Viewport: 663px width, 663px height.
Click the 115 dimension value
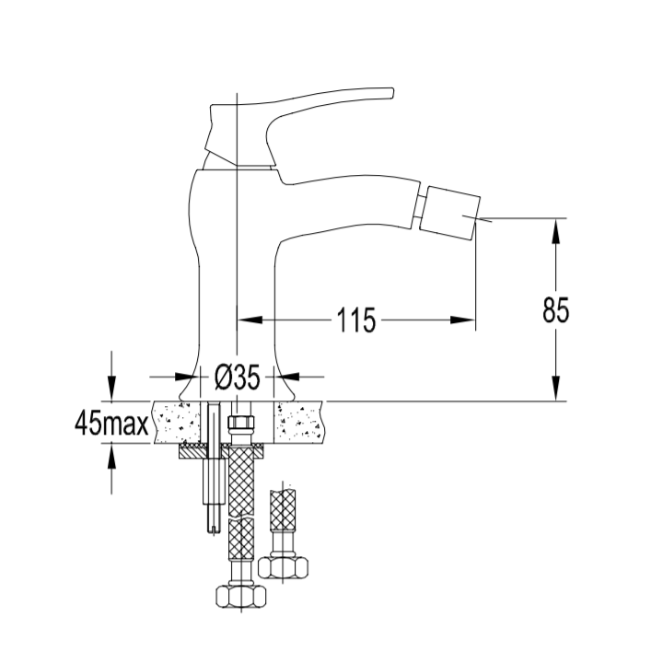356,320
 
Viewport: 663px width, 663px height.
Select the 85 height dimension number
556,310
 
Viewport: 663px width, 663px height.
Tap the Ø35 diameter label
237,377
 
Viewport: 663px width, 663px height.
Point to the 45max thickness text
111,424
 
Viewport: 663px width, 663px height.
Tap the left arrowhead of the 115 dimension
250,320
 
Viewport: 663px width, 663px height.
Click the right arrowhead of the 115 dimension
463,320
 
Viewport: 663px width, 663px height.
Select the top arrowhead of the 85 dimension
556,231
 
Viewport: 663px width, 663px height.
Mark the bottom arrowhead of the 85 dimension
556,389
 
